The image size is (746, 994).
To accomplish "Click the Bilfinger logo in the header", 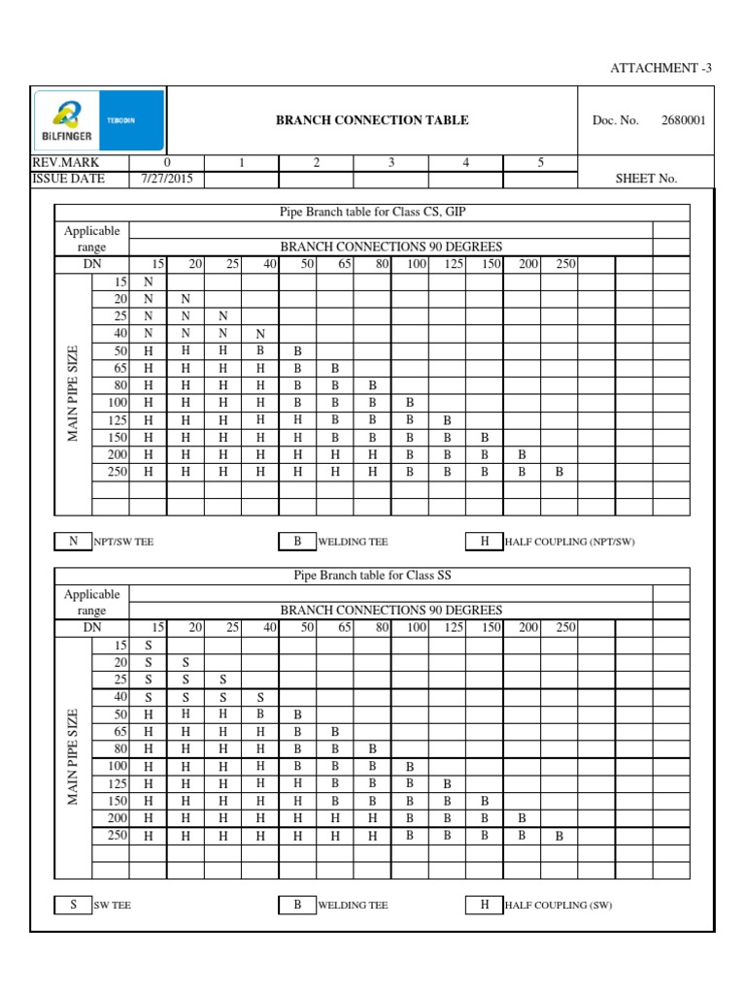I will click(x=98, y=120).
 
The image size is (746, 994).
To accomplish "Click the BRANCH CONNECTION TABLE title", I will click(x=372, y=120).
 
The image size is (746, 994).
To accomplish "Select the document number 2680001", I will click(x=684, y=120).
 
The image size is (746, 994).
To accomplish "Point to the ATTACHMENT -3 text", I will click(x=661, y=68).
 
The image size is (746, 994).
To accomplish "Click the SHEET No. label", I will click(x=646, y=179).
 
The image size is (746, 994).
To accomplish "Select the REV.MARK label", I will click(x=66, y=163).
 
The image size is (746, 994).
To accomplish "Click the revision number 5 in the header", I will click(x=540, y=163).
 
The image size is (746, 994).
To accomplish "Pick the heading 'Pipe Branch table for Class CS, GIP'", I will click(x=372, y=213).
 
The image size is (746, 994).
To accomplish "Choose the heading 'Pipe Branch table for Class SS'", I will click(x=372, y=576).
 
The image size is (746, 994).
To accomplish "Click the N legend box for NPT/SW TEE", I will click(x=73, y=542).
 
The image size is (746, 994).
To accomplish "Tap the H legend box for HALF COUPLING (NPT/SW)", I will click(x=484, y=542).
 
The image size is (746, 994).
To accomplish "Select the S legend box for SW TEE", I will click(x=73, y=905).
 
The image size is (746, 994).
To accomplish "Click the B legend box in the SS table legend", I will click(x=297, y=905).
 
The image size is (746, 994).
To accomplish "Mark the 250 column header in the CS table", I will click(x=565, y=264).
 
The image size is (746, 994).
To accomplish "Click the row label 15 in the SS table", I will click(x=120, y=645).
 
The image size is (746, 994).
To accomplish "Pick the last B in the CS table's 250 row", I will click(x=559, y=472).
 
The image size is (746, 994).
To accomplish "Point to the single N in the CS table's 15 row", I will click(x=148, y=282).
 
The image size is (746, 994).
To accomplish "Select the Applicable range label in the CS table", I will click(x=91, y=239).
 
